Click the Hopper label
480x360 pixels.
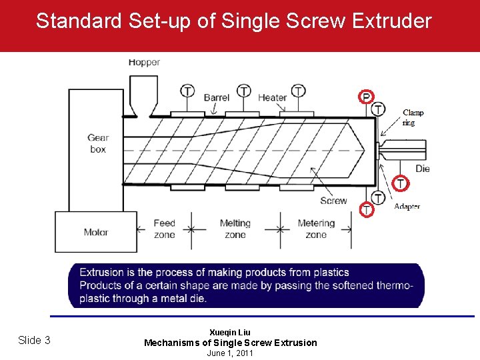pos(144,63)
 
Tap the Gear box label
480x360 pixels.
pos(98,143)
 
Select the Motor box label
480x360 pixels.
pos(96,233)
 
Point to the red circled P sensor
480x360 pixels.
pos(365,97)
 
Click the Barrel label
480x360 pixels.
pos(217,97)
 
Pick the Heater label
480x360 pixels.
pos(272,97)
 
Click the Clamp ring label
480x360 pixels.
pos(413,117)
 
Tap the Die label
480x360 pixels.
pos(423,169)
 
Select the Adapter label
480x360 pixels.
pos(407,207)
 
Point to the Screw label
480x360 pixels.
pos(333,200)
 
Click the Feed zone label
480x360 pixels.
pos(164,229)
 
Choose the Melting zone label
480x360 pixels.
pos(235,229)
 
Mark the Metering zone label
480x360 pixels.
pos(316,229)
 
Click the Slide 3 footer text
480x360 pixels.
pos(34,341)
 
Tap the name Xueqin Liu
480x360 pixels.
pos(230,332)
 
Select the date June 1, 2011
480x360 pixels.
pos(230,353)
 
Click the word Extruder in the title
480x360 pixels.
pos(393,21)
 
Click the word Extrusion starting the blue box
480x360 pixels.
pos(102,272)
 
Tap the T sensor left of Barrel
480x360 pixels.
pos(188,91)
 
